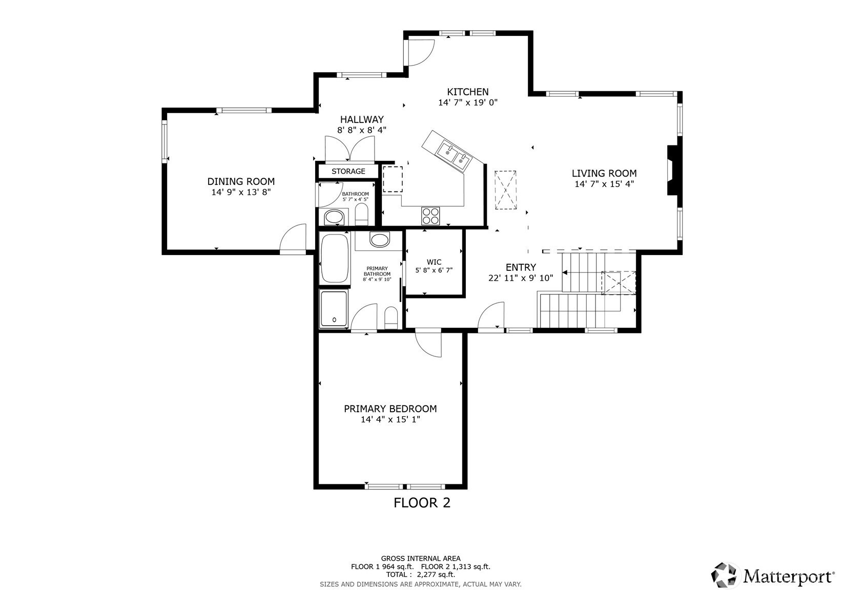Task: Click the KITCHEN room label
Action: point(467,92)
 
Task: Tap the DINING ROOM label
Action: point(241,181)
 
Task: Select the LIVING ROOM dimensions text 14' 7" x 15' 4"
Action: point(604,184)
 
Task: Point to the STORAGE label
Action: point(348,172)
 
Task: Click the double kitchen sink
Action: point(454,156)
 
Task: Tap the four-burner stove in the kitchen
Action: point(430,216)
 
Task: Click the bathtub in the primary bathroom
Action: point(334,258)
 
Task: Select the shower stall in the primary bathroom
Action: point(334,308)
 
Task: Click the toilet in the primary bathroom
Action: point(391,318)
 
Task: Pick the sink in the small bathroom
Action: point(334,217)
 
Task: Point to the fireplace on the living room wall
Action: point(673,171)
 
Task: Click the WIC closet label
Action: point(434,262)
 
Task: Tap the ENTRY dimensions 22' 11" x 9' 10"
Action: point(521,278)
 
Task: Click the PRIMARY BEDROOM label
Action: point(390,409)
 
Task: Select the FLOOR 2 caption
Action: point(422,503)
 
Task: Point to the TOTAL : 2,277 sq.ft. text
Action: point(421,575)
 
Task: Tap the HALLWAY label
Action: point(362,120)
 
